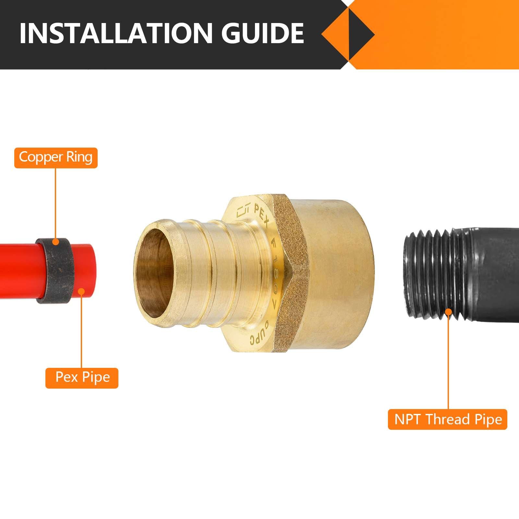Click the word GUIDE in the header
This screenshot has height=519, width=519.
(x=262, y=33)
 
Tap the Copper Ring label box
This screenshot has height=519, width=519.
(x=56, y=158)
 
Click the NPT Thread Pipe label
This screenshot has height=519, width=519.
(x=448, y=419)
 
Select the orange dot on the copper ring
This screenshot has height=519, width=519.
(x=56, y=242)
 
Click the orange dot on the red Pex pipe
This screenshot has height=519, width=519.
(x=82, y=292)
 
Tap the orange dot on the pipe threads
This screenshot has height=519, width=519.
(x=448, y=312)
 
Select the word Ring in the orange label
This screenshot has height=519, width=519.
(x=79, y=157)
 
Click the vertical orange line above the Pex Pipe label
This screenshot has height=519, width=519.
(x=82, y=331)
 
